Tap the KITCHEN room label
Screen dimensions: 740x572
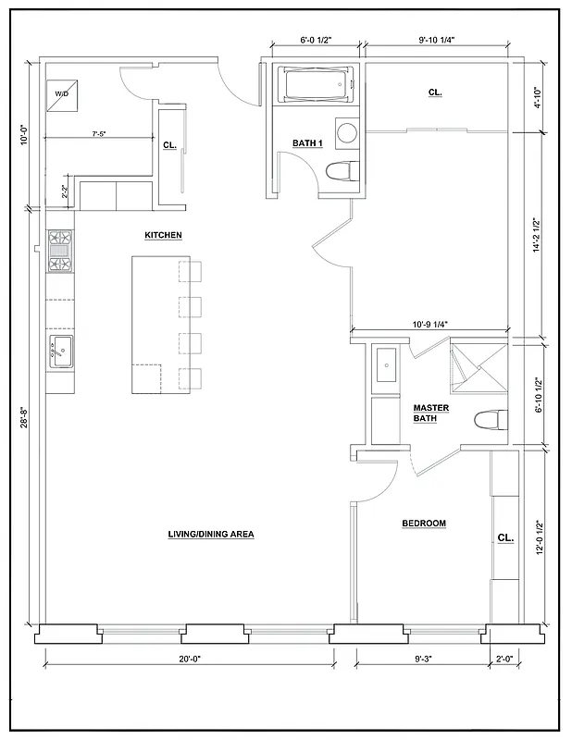163,235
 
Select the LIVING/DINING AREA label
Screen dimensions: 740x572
211,534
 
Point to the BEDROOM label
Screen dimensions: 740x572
424,524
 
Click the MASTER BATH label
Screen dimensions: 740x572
430,413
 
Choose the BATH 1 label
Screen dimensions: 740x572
307,142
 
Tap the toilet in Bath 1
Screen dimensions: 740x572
342,171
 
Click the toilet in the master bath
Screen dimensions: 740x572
491,420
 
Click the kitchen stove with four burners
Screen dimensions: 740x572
59,252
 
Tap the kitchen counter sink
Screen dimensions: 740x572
60,351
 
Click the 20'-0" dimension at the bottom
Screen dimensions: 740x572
190,659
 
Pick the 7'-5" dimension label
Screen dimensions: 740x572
98,134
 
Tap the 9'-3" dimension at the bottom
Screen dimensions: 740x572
425,659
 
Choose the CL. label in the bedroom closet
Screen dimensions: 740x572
505,537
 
